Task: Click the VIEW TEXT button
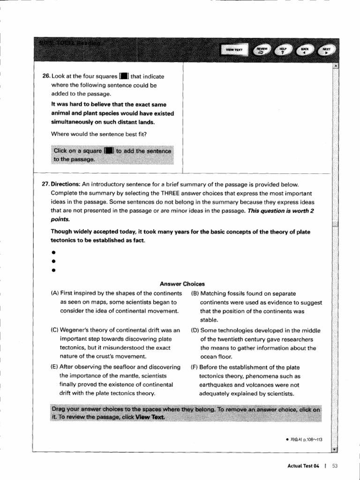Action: (234, 50)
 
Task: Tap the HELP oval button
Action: (283, 50)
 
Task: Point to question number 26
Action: (46, 76)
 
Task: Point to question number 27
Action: (46, 184)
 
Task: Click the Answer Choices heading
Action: (182, 284)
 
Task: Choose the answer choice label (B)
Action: (195, 293)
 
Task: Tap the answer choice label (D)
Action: (195, 330)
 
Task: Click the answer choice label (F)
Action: (195, 367)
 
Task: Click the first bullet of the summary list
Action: (54, 252)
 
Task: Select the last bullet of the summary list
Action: (54, 270)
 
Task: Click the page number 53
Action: (335, 465)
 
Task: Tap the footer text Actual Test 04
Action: (303, 465)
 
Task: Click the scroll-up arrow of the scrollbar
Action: (335, 66)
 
